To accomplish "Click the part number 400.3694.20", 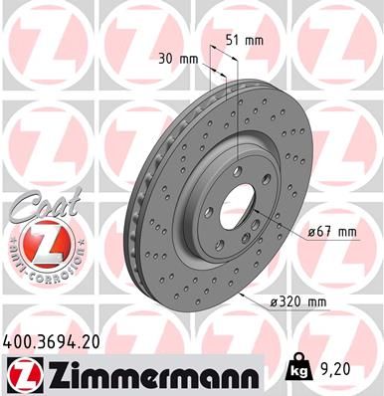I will tap(52, 341).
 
